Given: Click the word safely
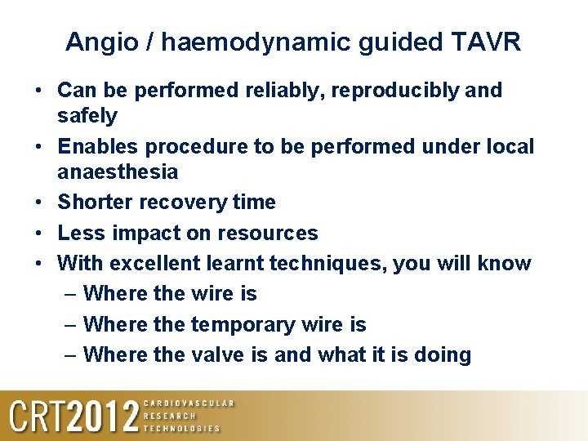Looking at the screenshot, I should (87, 116).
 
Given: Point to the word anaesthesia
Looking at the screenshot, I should (118, 171).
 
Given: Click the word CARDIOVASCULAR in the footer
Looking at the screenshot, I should (189, 403).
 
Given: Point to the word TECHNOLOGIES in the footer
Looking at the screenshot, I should (182, 428).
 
